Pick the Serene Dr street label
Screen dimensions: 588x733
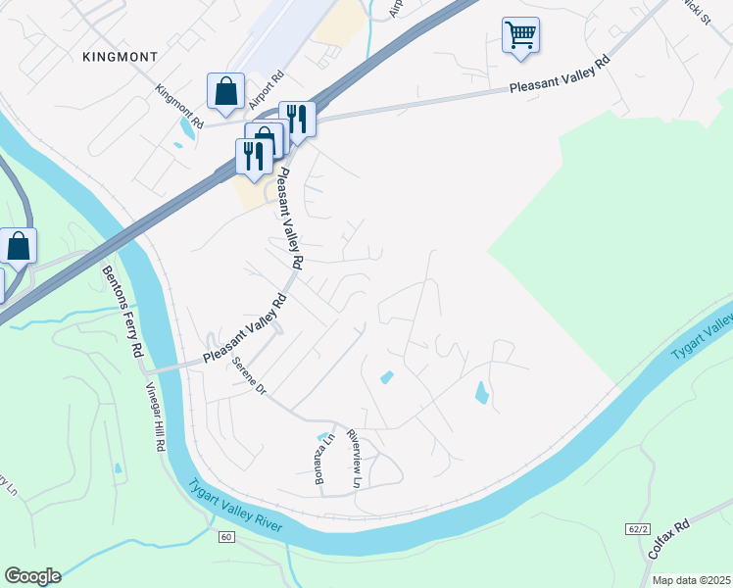pos(249,375)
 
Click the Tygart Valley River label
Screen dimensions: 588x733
pos(235,506)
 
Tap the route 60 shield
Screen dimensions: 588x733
pos(225,537)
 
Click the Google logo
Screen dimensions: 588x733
pos(32,576)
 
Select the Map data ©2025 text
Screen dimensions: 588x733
pos(692,580)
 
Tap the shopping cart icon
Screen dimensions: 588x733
pos(520,35)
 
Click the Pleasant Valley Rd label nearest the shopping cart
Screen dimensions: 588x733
pos(560,74)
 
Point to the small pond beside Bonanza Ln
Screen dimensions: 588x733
pos(322,437)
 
